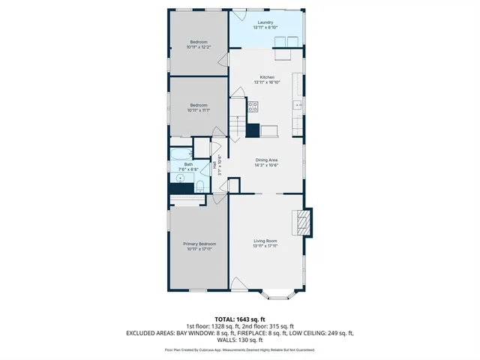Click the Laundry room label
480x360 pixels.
click(x=265, y=22)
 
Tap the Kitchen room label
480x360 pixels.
click(x=267, y=77)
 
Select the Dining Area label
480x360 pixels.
click(x=267, y=160)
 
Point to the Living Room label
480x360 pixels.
click(x=265, y=241)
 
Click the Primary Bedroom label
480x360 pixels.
click(x=199, y=244)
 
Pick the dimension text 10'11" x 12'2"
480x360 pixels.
click(x=199, y=47)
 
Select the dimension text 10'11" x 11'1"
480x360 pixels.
click(x=199, y=110)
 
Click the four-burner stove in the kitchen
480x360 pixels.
click(x=253, y=107)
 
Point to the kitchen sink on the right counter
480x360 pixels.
click(x=297, y=105)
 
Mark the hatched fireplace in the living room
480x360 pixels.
click(x=303, y=222)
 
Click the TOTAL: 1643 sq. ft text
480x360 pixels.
click(x=240, y=319)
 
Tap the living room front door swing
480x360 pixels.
click(x=237, y=283)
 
